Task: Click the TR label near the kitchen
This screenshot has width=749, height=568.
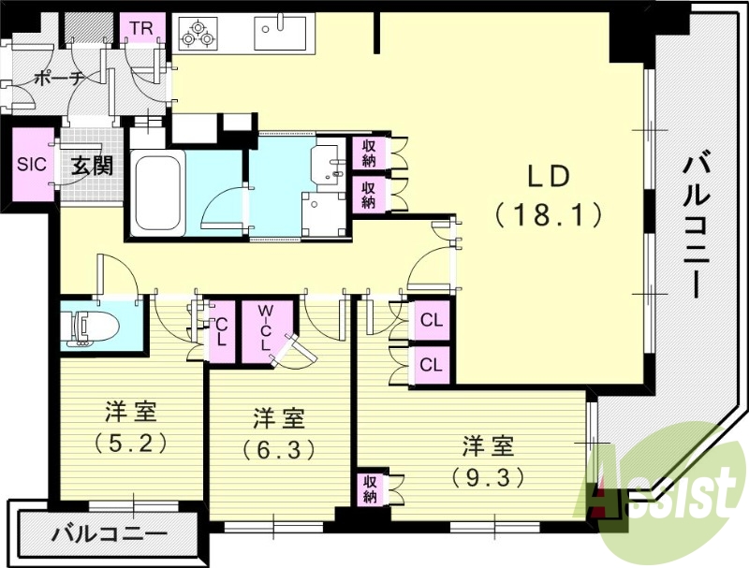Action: tap(141, 28)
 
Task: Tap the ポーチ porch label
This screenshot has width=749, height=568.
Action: tap(58, 80)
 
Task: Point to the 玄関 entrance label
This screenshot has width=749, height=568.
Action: tap(93, 166)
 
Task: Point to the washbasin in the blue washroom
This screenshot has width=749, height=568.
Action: tap(329, 161)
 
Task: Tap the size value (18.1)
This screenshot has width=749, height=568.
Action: tap(548, 217)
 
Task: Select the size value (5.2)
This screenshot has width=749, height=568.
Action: tap(130, 441)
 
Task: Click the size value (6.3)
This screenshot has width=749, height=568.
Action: tap(278, 448)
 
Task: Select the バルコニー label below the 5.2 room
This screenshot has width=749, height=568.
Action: tap(105, 535)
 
